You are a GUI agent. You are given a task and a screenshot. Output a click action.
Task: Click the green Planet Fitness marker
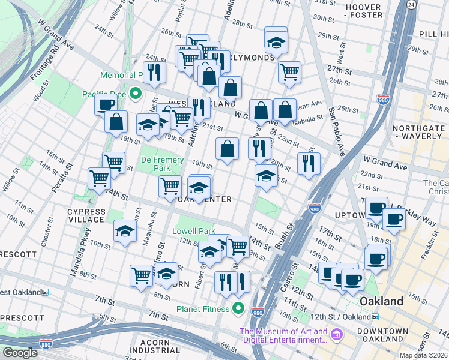238,309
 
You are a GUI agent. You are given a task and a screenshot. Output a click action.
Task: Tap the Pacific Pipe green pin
136,93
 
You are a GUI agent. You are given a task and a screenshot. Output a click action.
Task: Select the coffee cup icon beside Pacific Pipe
106,104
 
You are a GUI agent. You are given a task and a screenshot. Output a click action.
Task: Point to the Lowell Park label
193,231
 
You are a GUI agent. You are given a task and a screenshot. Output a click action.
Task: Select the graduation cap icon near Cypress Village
124,231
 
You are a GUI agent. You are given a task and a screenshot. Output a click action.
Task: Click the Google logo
20,353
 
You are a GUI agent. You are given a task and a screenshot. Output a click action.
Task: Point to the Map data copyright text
423,355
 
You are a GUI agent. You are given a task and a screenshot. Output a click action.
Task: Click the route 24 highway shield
411,5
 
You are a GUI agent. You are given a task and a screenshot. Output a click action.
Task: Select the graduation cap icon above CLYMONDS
276,42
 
